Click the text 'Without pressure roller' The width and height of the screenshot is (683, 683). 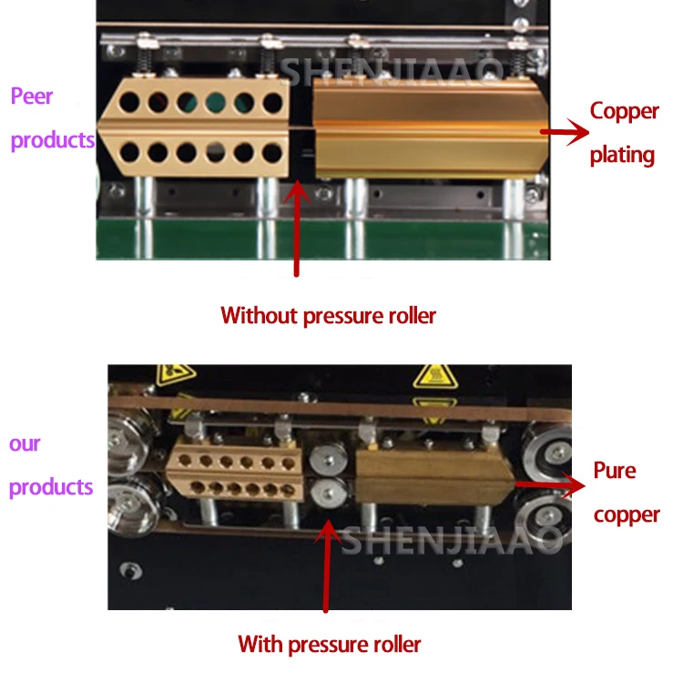[x=329, y=316]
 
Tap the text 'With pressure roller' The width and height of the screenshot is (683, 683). [x=330, y=645]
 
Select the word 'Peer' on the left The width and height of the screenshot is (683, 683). [x=32, y=97]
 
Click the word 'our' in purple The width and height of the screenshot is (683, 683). [x=25, y=444]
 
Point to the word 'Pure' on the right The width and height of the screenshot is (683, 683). [x=615, y=471]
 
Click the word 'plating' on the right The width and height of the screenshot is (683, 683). [x=622, y=155]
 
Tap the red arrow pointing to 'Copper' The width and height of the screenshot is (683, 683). [x=564, y=133]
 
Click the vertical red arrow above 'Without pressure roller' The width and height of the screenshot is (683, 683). [x=295, y=228]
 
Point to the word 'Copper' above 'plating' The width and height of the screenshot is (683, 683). [x=624, y=111]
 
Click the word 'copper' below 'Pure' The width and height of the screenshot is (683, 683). [x=626, y=515]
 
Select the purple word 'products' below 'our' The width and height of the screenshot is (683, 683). [x=51, y=487]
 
